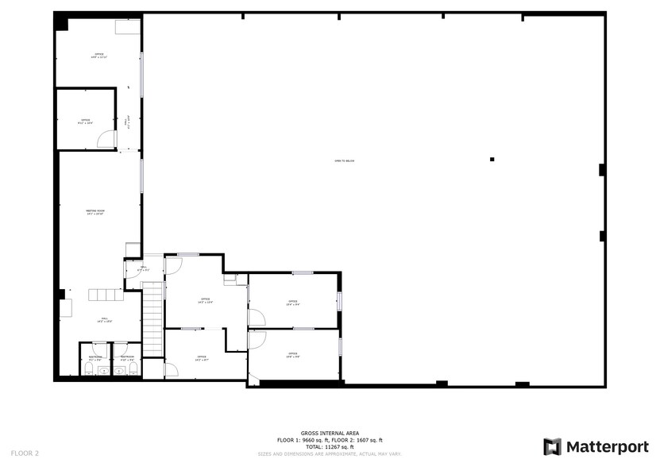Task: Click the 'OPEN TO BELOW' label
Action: click(344, 161)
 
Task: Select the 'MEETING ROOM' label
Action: click(95, 212)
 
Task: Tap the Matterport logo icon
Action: click(552, 446)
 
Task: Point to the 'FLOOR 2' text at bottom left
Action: click(25, 453)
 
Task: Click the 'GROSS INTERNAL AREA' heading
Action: click(330, 434)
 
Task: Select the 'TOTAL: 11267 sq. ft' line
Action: click(330, 447)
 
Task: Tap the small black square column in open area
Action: click(492, 160)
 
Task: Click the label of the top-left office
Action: click(98, 56)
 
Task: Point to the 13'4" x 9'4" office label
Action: click(293, 303)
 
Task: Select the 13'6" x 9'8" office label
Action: click(293, 354)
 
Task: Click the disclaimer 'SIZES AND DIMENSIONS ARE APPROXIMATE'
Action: click(330, 454)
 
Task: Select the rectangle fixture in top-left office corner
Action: click(126, 28)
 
